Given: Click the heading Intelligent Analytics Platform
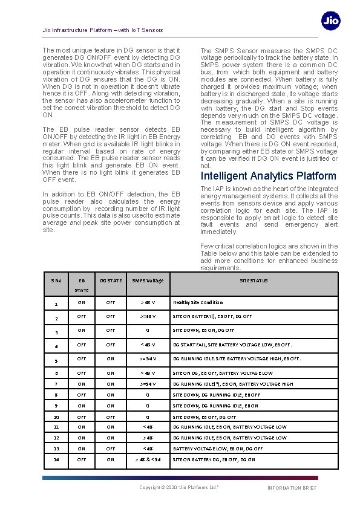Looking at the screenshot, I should [x=268, y=176].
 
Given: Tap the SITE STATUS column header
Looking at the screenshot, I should [x=254, y=280].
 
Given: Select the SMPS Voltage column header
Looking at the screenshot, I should [x=148, y=280].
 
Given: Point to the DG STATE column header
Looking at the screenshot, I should [x=111, y=280].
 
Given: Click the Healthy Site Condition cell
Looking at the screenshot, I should [x=198, y=302].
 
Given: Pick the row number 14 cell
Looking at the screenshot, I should [x=56, y=459].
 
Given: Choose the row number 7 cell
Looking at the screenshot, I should [x=56, y=384].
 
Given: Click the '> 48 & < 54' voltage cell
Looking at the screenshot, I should [x=148, y=459].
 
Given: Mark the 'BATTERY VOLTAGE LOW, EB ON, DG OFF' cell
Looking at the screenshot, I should [x=218, y=449].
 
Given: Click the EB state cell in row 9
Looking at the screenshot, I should [x=81, y=406].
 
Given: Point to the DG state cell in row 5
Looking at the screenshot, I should [x=111, y=359].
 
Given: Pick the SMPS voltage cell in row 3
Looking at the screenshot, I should [x=148, y=331].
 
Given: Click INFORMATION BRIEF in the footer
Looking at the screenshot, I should [x=292, y=488].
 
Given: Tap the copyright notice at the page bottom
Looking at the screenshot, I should [x=179, y=487].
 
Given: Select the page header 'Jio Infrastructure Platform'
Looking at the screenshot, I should [x=103, y=30].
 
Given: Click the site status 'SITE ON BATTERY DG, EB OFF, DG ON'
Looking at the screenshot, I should [x=214, y=459].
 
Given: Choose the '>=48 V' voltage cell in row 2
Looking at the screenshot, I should [x=148, y=317].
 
